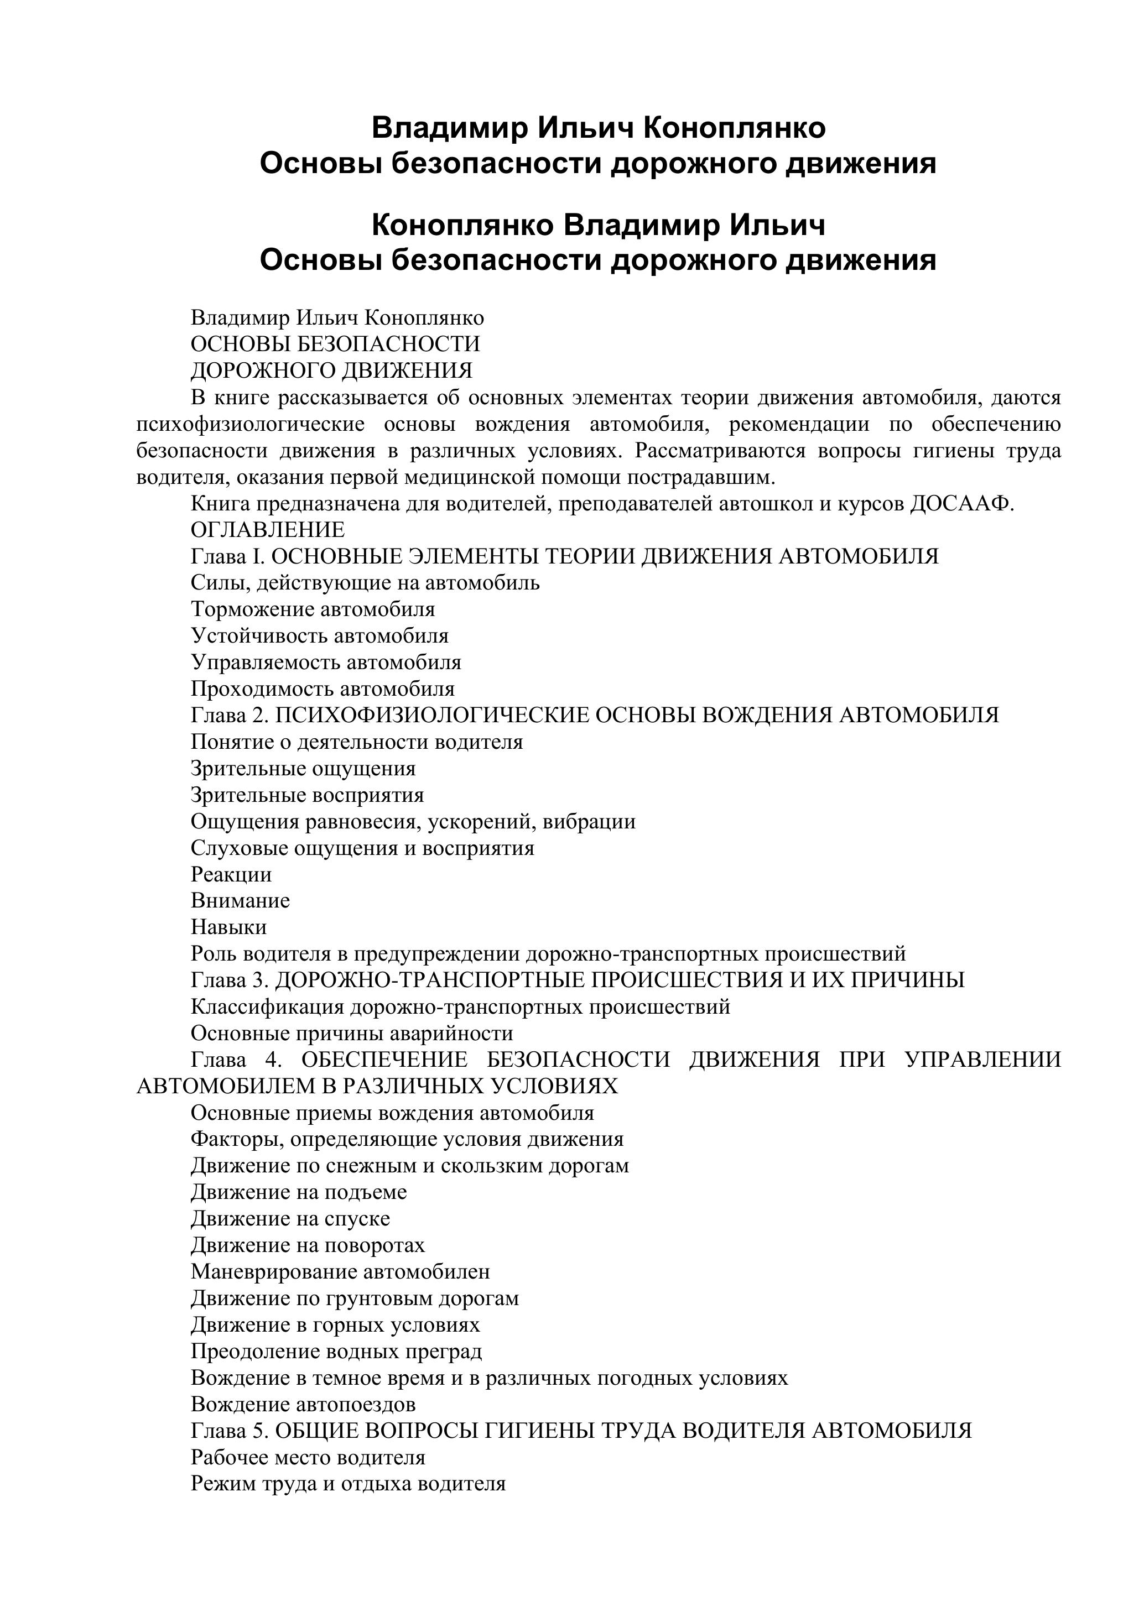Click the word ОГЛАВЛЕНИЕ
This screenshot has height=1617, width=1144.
(268, 530)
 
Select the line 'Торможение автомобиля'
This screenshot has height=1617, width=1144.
(313, 609)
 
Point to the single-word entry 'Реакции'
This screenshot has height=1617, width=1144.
(231, 875)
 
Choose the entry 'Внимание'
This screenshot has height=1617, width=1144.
(240, 901)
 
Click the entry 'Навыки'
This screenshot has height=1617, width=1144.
(229, 927)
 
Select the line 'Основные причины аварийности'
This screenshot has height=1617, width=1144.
(351, 1034)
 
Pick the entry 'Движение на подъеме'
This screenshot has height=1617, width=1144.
(299, 1192)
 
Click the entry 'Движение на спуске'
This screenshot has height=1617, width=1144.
(290, 1219)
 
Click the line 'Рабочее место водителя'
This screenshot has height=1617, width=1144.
(308, 1457)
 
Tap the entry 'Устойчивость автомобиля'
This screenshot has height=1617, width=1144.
(319, 636)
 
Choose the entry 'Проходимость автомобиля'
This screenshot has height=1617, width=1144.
(323, 689)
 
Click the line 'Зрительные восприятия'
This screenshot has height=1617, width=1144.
(307, 795)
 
